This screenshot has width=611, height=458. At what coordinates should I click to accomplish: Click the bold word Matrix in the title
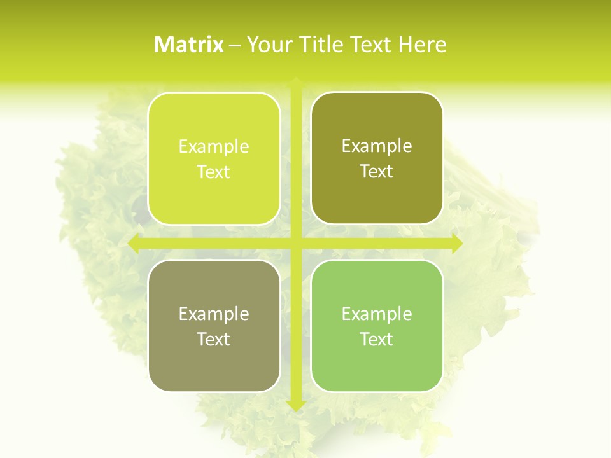pyautogui.click(x=189, y=45)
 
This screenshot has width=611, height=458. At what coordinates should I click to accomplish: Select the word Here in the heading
pyautogui.click(x=422, y=45)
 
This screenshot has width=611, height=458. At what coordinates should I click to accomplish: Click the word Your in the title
pyautogui.click(x=266, y=45)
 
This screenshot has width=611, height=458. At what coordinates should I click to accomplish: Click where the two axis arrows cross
pyautogui.click(x=295, y=243)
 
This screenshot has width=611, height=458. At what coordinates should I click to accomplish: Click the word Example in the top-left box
pyautogui.click(x=214, y=147)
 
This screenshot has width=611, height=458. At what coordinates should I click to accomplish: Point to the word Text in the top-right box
pyautogui.click(x=377, y=172)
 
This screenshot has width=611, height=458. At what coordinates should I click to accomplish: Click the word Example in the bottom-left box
pyautogui.click(x=214, y=314)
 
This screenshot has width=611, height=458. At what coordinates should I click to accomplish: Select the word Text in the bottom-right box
pyautogui.click(x=377, y=339)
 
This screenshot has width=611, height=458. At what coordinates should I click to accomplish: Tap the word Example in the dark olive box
pyautogui.click(x=377, y=146)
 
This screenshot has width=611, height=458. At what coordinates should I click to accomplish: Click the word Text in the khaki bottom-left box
pyautogui.click(x=214, y=339)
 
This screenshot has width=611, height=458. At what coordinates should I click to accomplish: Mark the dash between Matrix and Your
pyautogui.click(x=235, y=45)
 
